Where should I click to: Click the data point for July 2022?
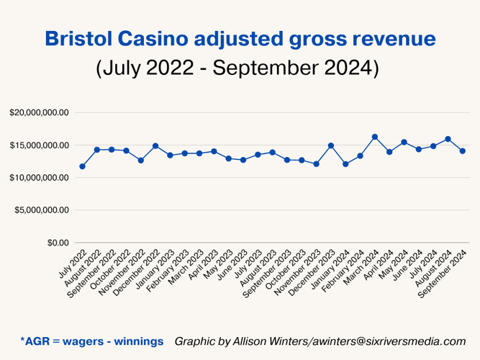82,166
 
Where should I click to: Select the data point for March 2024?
374,137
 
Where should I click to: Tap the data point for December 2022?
155,146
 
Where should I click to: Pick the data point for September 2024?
462,150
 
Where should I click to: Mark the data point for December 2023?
331,145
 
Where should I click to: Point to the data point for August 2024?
448,139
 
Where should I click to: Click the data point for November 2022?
141,160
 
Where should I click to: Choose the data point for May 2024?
404,143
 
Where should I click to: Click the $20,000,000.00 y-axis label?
39,113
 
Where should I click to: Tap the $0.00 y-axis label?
58,243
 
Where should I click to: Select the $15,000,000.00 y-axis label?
39,145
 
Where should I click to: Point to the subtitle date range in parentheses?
237,69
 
